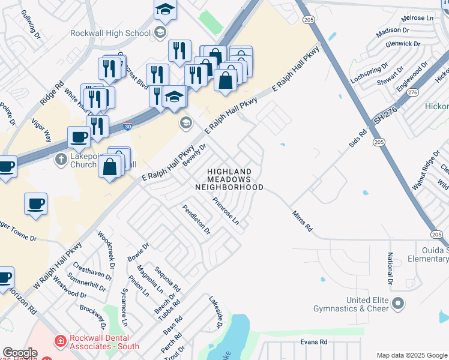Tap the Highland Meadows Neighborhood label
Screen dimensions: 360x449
pyautogui.click(x=229, y=179)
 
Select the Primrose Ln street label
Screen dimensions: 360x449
pyautogui.click(x=226, y=211)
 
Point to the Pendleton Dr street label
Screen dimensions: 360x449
pyautogui.click(x=197, y=218)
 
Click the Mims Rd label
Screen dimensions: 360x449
pyautogui.click(x=303, y=221)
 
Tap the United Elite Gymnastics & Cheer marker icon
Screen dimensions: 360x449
pyautogui.click(x=397, y=304)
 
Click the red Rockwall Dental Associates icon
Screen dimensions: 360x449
pyautogui.click(x=60, y=341)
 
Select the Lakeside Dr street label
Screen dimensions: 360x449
pyautogui.click(x=216, y=311)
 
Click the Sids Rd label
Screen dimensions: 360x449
pyautogui.click(x=358, y=140)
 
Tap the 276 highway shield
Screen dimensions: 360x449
pyautogui.click(x=412, y=92)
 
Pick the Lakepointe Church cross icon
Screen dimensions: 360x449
pyautogui.click(x=60, y=160)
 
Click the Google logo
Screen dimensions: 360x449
pyautogui.click(x=20, y=353)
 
